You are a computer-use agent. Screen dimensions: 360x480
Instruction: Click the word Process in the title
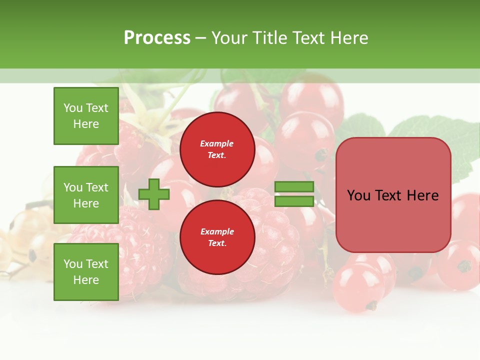click(x=157, y=38)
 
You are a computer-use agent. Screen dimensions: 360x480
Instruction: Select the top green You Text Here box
click(x=86, y=116)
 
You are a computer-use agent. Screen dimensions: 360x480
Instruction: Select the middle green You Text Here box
click(x=86, y=195)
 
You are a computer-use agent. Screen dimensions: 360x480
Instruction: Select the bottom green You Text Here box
click(x=86, y=272)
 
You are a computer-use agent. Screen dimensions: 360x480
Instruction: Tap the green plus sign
click(x=154, y=194)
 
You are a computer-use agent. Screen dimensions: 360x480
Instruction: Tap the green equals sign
click(x=294, y=194)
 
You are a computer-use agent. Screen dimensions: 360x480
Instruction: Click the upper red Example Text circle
click(x=217, y=149)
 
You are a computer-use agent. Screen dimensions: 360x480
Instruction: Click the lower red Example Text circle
click(x=217, y=237)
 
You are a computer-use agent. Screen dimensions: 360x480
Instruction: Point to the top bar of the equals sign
click(x=294, y=187)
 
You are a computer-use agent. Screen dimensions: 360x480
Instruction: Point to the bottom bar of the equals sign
click(x=294, y=201)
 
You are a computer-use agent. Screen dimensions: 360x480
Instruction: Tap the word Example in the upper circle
click(x=217, y=144)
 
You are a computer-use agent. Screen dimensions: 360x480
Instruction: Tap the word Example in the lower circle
click(x=217, y=231)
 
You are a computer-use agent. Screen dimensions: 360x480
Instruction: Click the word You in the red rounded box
click(x=358, y=195)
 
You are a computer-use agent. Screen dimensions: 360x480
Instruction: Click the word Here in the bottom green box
click(x=86, y=280)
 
